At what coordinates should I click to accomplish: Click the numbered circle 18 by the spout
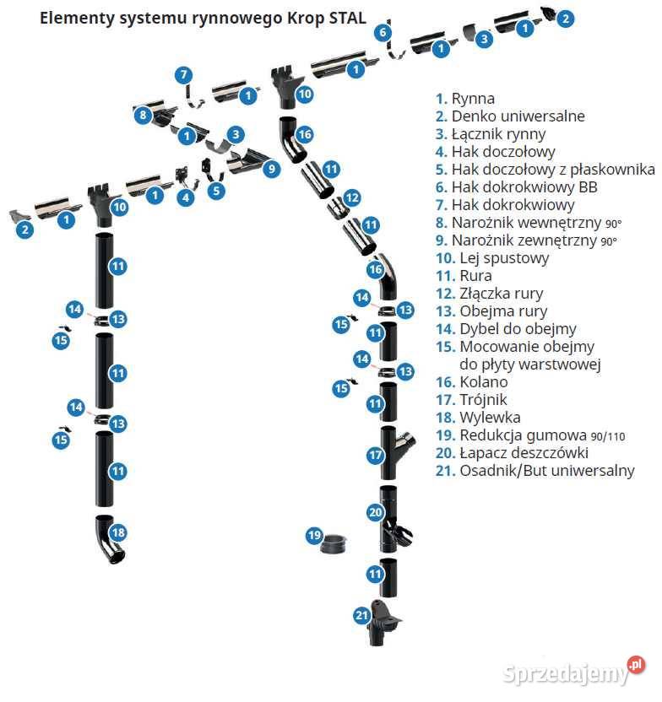[118, 532]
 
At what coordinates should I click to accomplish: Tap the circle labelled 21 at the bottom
[361, 616]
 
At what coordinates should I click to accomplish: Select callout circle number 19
[314, 535]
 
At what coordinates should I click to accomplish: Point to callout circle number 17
[376, 455]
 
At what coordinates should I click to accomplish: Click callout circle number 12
[352, 197]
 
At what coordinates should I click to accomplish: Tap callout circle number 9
[271, 169]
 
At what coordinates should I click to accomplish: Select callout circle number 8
[143, 115]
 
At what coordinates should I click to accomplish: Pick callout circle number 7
[183, 74]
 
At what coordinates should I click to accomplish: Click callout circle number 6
[383, 33]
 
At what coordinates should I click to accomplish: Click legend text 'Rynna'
[473, 99]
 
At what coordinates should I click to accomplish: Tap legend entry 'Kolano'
[484, 382]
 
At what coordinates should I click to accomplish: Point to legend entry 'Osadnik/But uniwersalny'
[546, 471]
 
